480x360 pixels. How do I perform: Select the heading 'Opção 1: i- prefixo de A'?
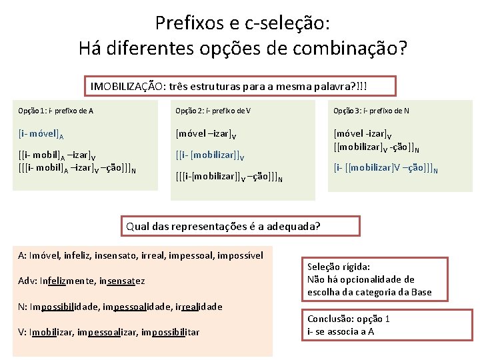click(x=55, y=111)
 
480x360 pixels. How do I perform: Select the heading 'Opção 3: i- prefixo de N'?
click(x=372, y=111)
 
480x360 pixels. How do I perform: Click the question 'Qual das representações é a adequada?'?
click(x=223, y=226)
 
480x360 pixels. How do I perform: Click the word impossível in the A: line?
click(x=238, y=255)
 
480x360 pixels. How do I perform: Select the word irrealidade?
click(x=197, y=306)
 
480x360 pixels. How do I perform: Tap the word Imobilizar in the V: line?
click(x=52, y=331)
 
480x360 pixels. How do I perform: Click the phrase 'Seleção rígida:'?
click(x=338, y=267)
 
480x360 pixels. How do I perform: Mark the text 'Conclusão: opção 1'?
click(x=349, y=318)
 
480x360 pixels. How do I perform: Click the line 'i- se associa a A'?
click(x=340, y=331)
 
